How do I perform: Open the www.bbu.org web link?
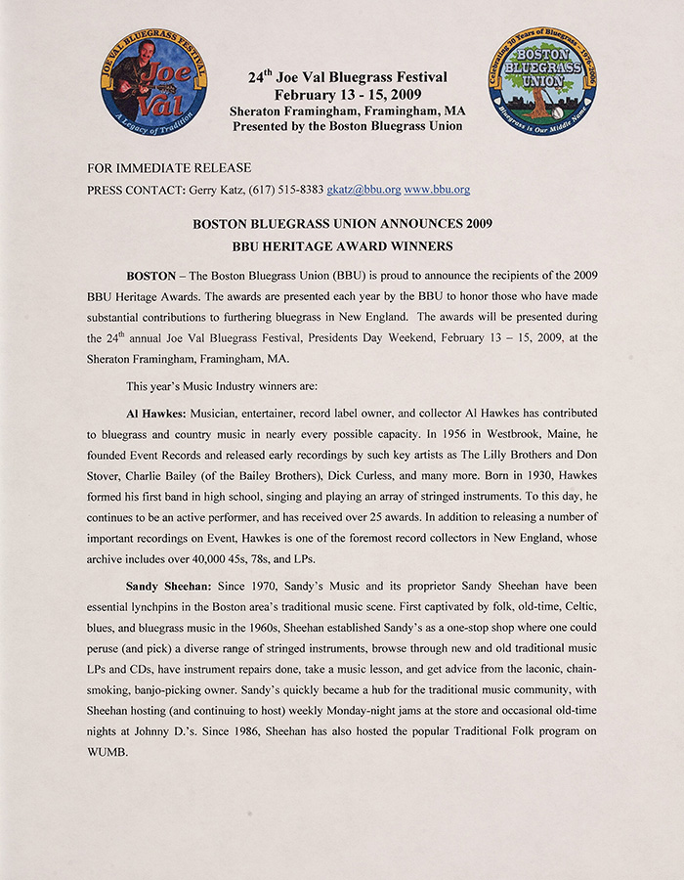[x=437, y=190]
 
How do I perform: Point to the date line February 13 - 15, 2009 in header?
[x=347, y=95]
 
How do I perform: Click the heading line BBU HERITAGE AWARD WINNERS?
[x=342, y=245]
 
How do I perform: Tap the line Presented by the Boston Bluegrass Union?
[x=347, y=126]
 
